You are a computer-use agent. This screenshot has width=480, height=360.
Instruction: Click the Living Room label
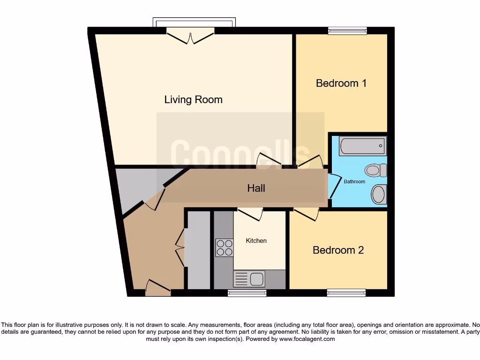tap(193, 99)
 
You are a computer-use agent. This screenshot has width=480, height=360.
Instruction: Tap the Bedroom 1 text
tap(341, 83)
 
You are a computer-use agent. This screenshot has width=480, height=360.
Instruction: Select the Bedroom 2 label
tap(338, 250)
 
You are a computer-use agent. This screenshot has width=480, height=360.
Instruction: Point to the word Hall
tap(256, 188)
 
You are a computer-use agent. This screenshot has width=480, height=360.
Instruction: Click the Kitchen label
tap(256, 240)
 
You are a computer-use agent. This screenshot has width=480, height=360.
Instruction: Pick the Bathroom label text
tap(354, 181)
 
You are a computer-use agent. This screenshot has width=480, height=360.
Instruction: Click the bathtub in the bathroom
tap(362, 146)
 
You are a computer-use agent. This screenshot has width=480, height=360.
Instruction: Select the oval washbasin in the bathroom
tap(379, 194)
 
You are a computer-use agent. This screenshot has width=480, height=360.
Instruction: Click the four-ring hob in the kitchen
tap(224, 247)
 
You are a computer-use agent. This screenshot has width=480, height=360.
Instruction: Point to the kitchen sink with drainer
tap(249, 279)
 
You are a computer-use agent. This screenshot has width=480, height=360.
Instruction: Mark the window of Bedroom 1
tap(347, 31)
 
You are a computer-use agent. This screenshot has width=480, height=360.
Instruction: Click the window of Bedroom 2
tap(346, 293)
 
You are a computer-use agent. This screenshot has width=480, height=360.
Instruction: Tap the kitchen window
tap(247, 293)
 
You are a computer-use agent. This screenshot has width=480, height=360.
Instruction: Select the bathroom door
tap(334, 186)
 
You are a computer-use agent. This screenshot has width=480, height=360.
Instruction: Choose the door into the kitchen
tap(249, 214)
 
